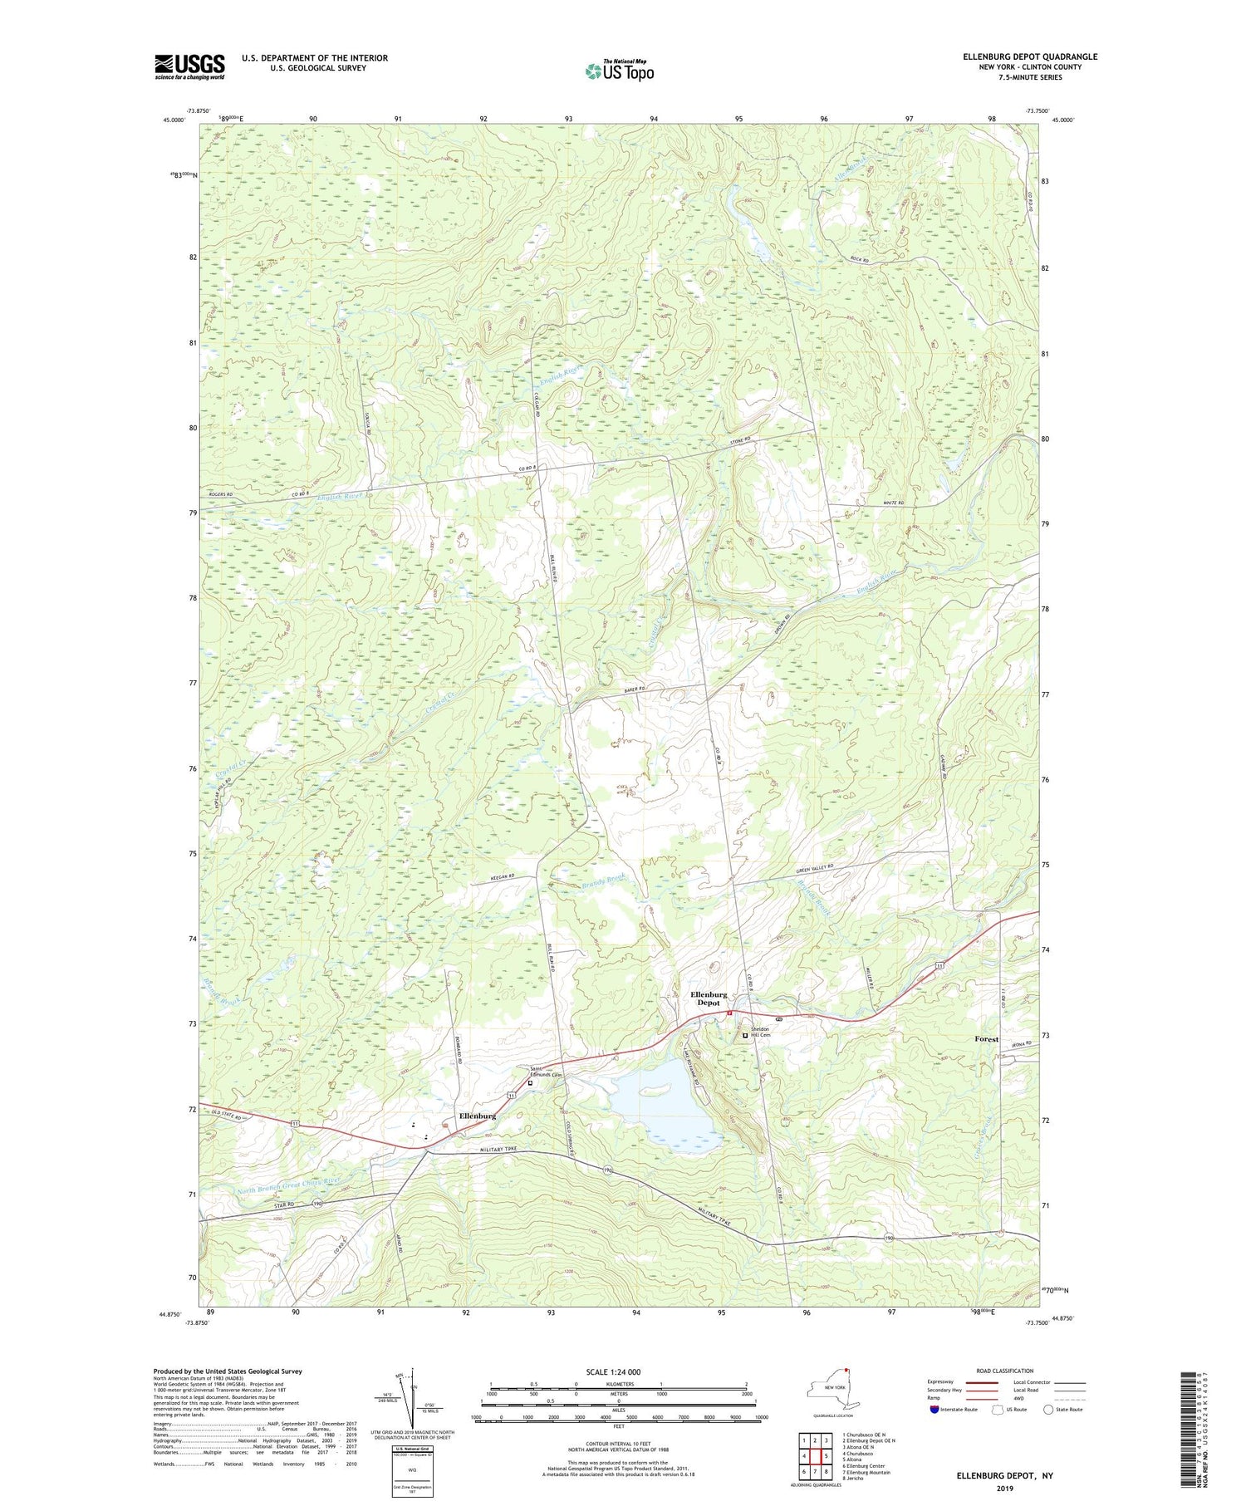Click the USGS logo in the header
click(189, 66)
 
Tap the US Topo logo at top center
click(619, 71)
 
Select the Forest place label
click(986, 1039)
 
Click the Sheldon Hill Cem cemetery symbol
click(745, 1035)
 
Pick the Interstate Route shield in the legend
click(936, 1410)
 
